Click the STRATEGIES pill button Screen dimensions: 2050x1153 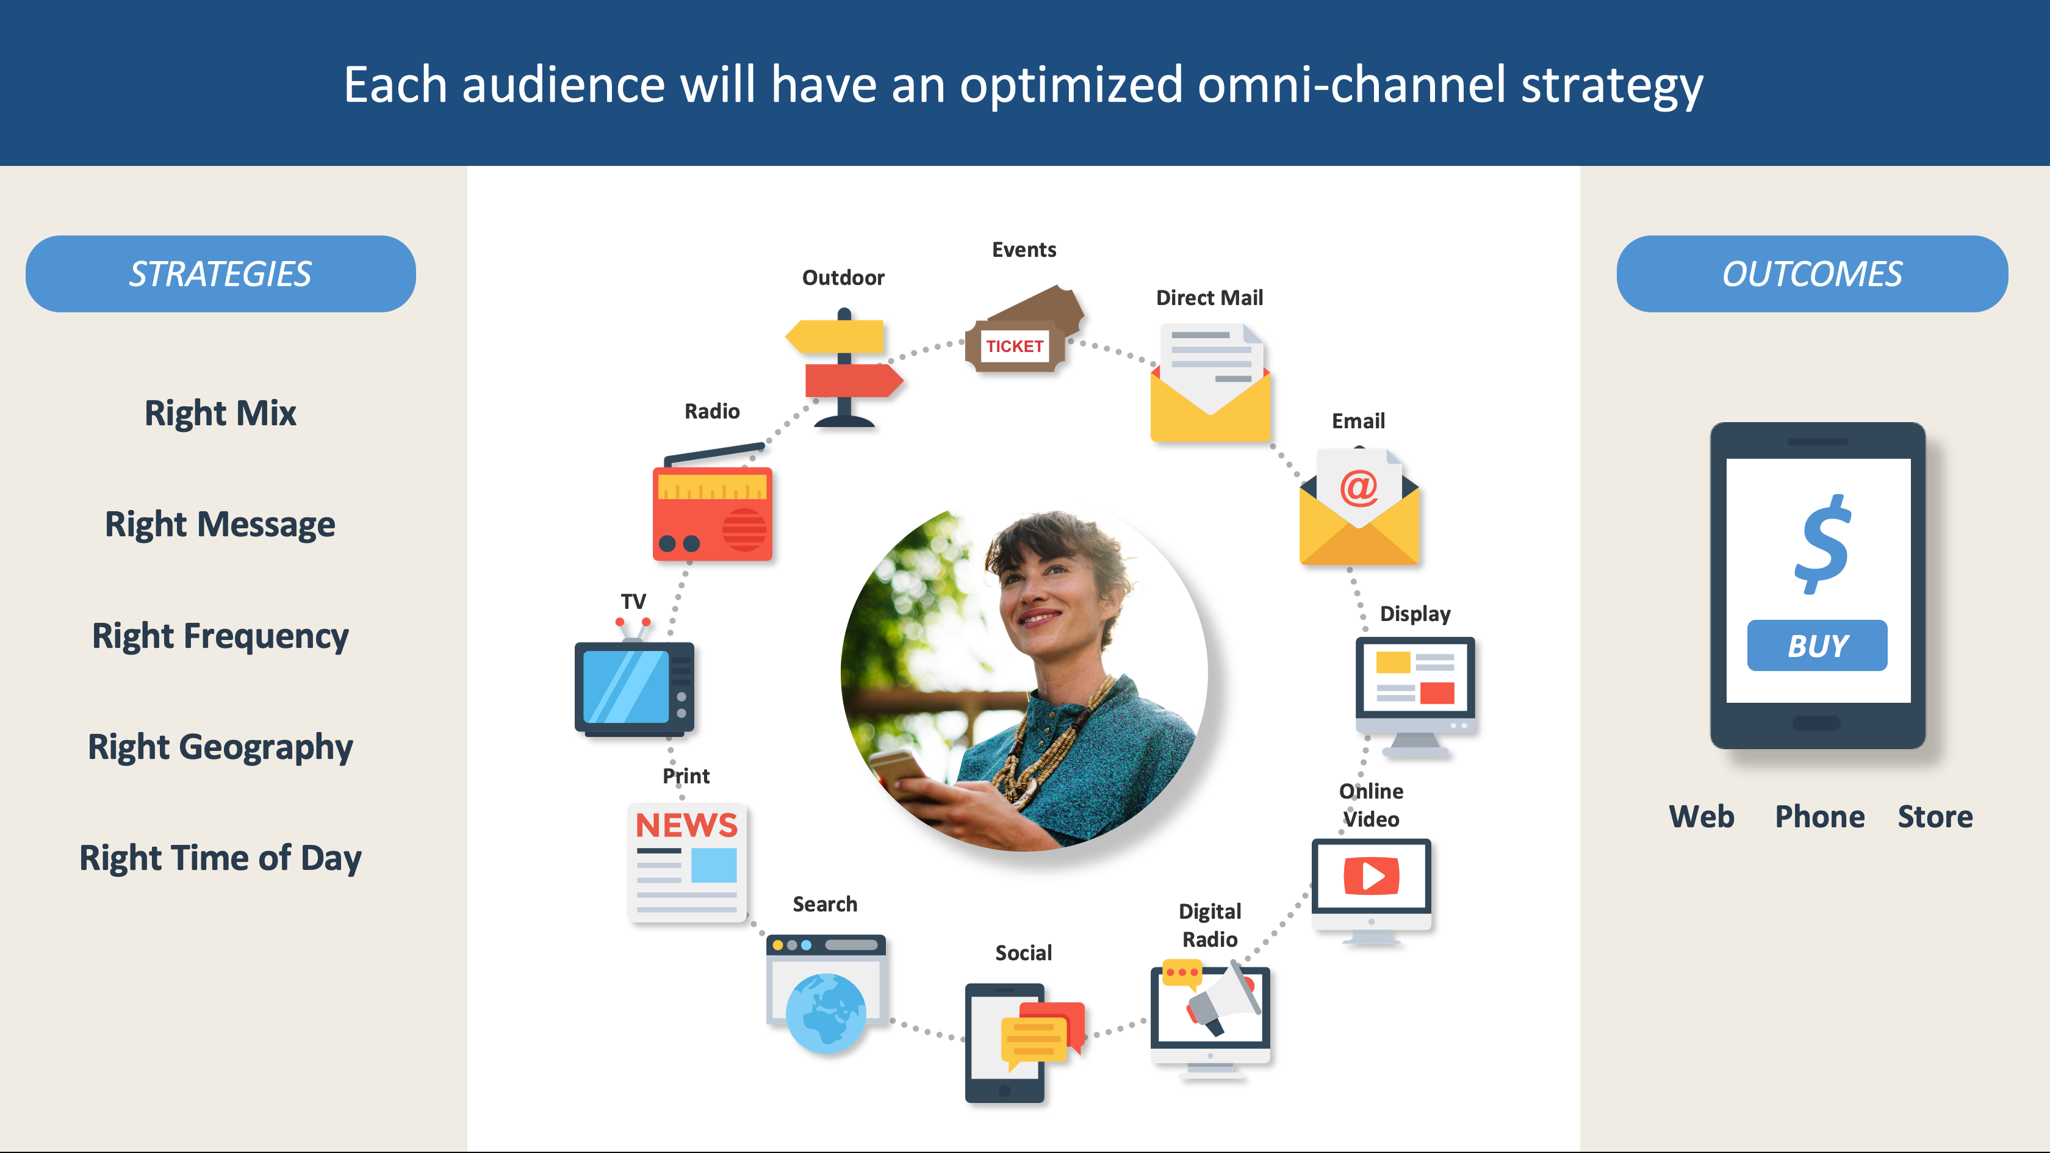point(220,274)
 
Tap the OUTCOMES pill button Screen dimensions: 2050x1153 point(1812,274)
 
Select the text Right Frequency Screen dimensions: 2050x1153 point(220,636)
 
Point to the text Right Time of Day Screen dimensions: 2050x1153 point(220,858)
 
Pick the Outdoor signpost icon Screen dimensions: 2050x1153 point(844,368)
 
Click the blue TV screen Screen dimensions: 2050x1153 point(627,686)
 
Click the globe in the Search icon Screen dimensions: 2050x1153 point(825,1013)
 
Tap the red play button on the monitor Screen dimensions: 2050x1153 point(1371,876)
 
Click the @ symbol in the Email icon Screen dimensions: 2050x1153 point(1359,487)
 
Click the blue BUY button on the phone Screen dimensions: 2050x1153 point(1817,645)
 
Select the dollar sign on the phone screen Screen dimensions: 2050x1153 point(1822,544)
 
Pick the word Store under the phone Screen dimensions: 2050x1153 point(1935,816)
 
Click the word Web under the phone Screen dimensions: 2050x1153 point(1702,816)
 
